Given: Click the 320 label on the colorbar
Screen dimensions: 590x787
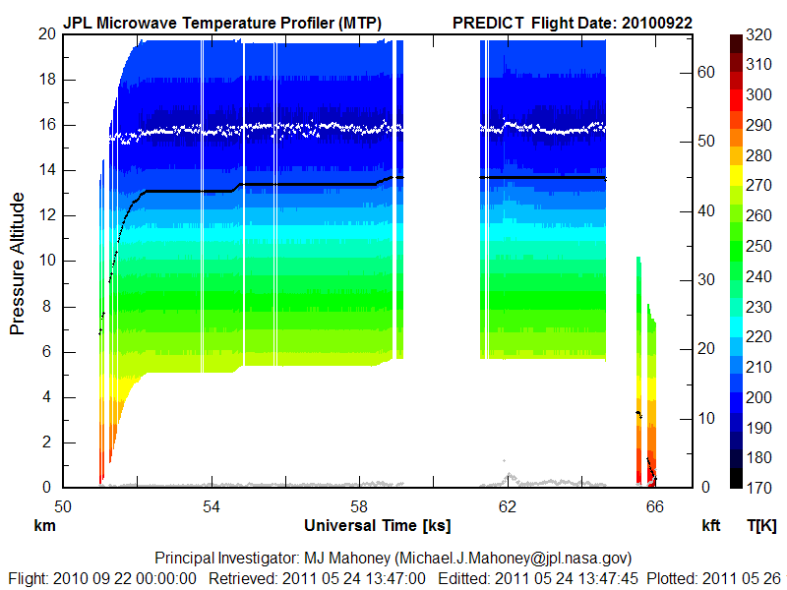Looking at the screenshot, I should [758, 33].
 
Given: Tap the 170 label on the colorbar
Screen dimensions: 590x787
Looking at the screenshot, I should [758, 488].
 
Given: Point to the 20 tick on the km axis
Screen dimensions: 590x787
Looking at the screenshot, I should [44, 33].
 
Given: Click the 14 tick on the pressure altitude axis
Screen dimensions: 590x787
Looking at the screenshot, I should [44, 170].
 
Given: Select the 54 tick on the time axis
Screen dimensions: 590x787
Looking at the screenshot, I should [211, 507].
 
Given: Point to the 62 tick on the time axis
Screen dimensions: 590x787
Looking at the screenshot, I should [508, 507].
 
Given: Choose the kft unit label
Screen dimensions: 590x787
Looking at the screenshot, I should [712, 527].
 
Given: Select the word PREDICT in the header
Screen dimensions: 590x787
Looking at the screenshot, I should [488, 22].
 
